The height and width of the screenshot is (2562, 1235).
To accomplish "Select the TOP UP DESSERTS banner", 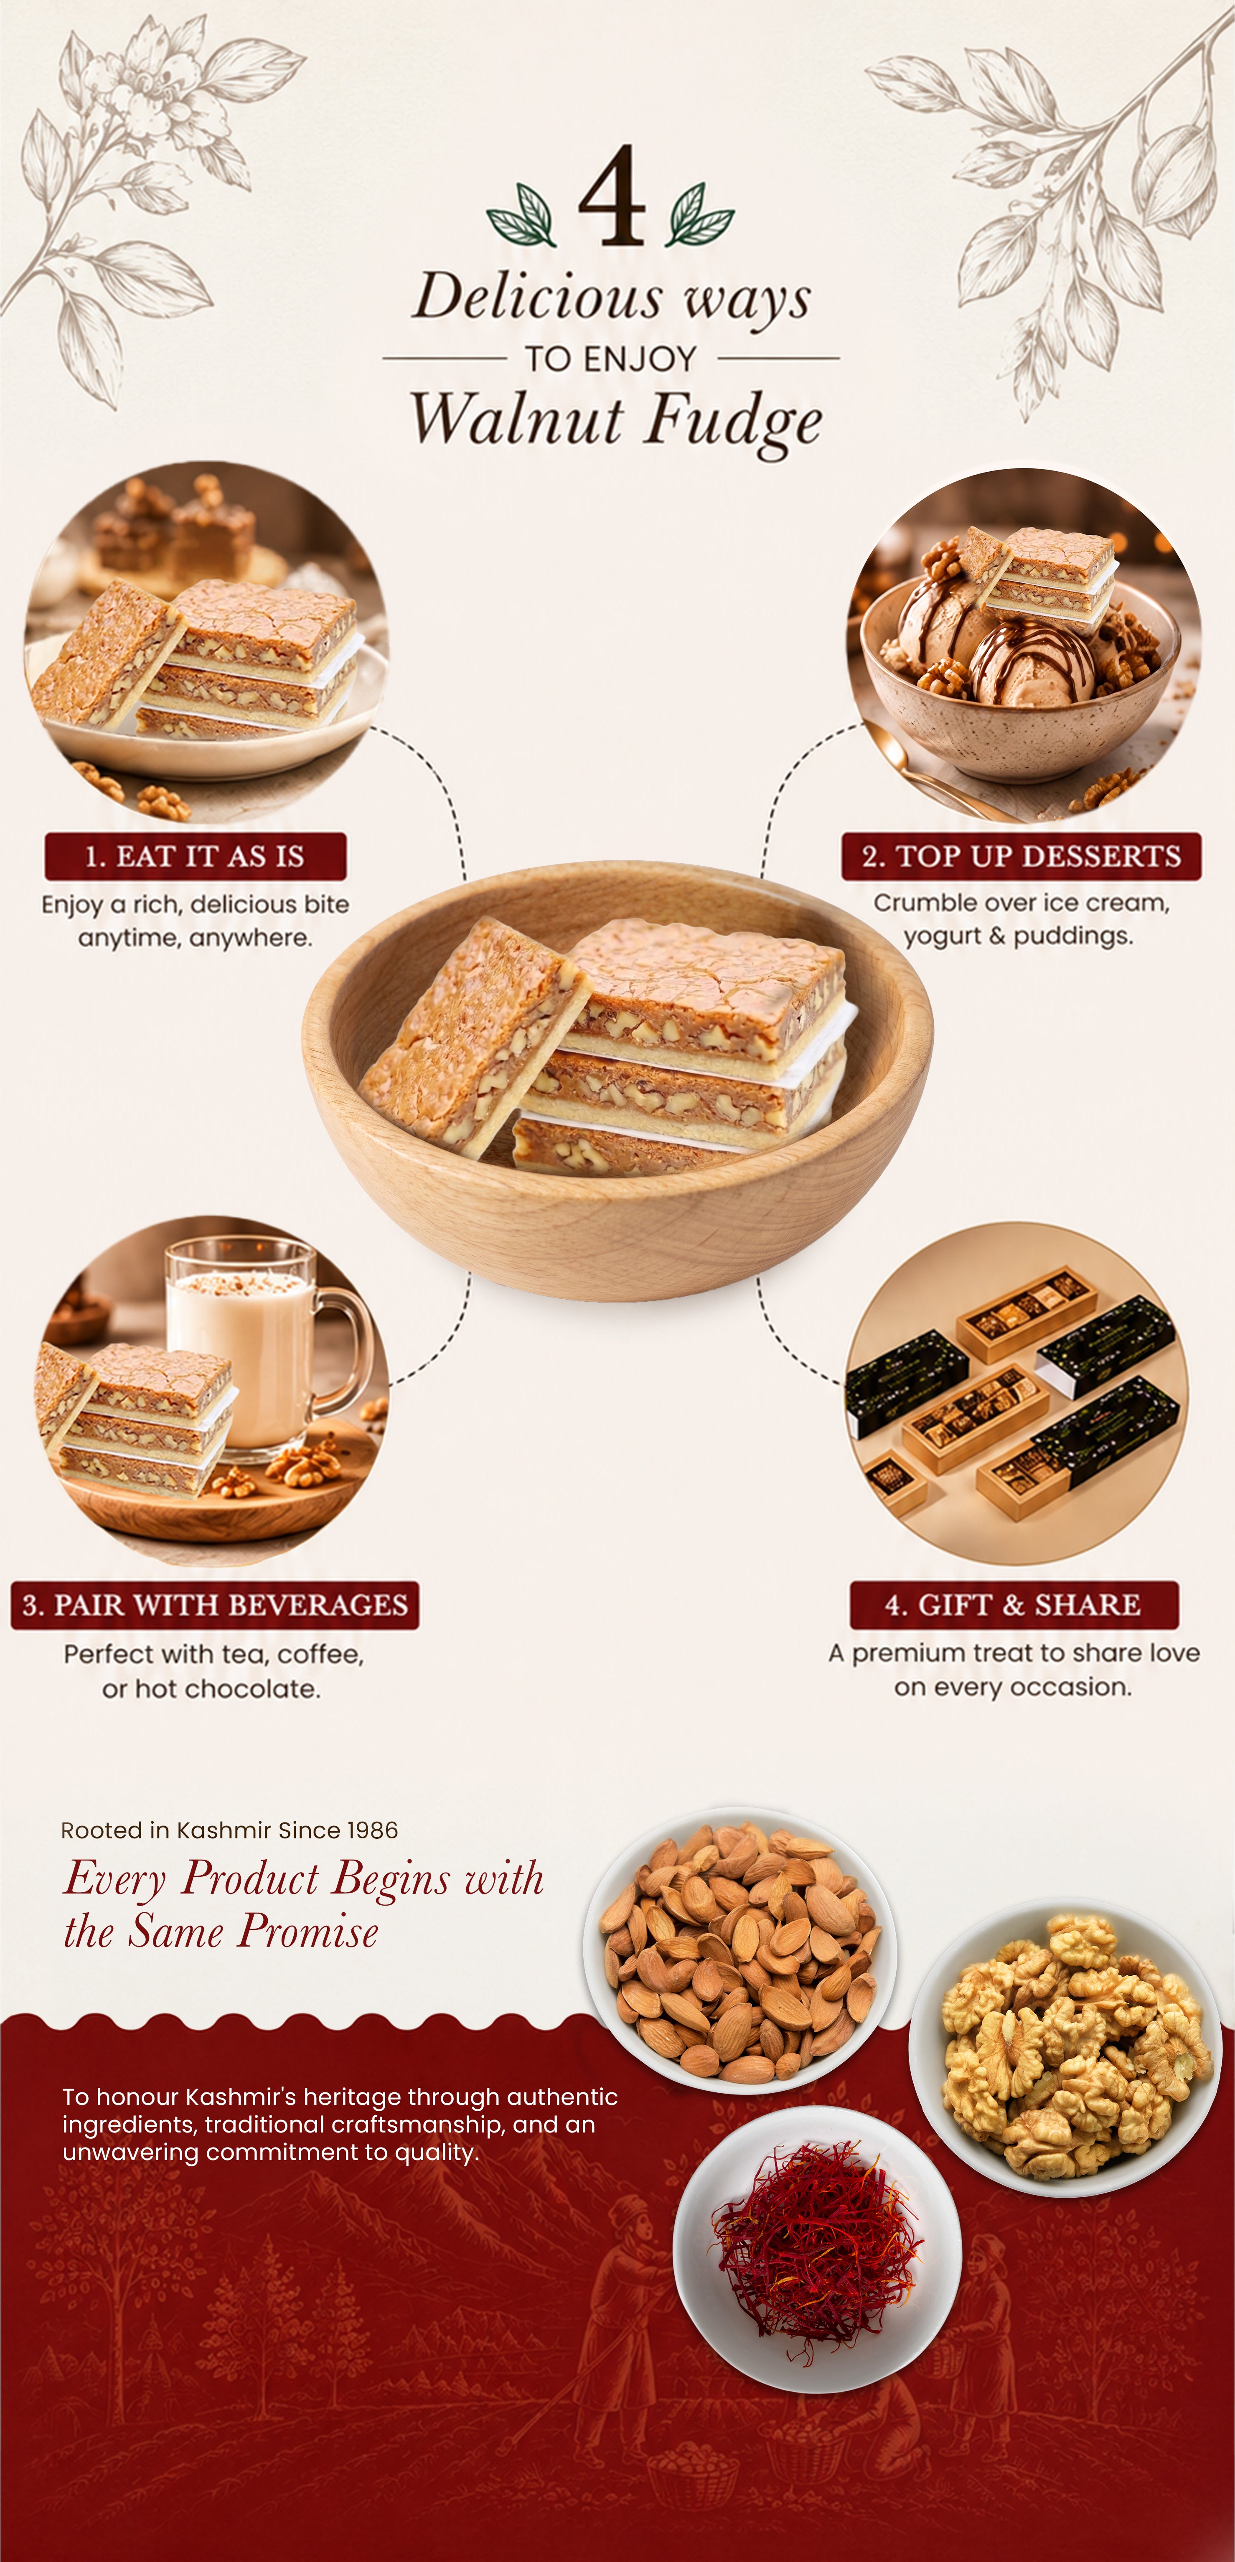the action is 1021,857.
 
